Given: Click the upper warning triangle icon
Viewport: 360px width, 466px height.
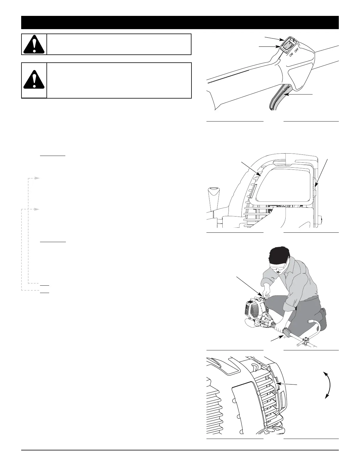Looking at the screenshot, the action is [34, 44].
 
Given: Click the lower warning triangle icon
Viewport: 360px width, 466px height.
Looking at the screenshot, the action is [34, 80].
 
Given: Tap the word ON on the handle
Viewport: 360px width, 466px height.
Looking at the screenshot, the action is [291, 55].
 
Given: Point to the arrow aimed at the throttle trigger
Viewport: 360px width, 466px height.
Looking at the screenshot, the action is [300, 94].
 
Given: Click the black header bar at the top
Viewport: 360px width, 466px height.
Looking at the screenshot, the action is [180, 22].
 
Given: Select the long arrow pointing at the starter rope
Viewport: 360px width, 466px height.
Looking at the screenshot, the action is [249, 284].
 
